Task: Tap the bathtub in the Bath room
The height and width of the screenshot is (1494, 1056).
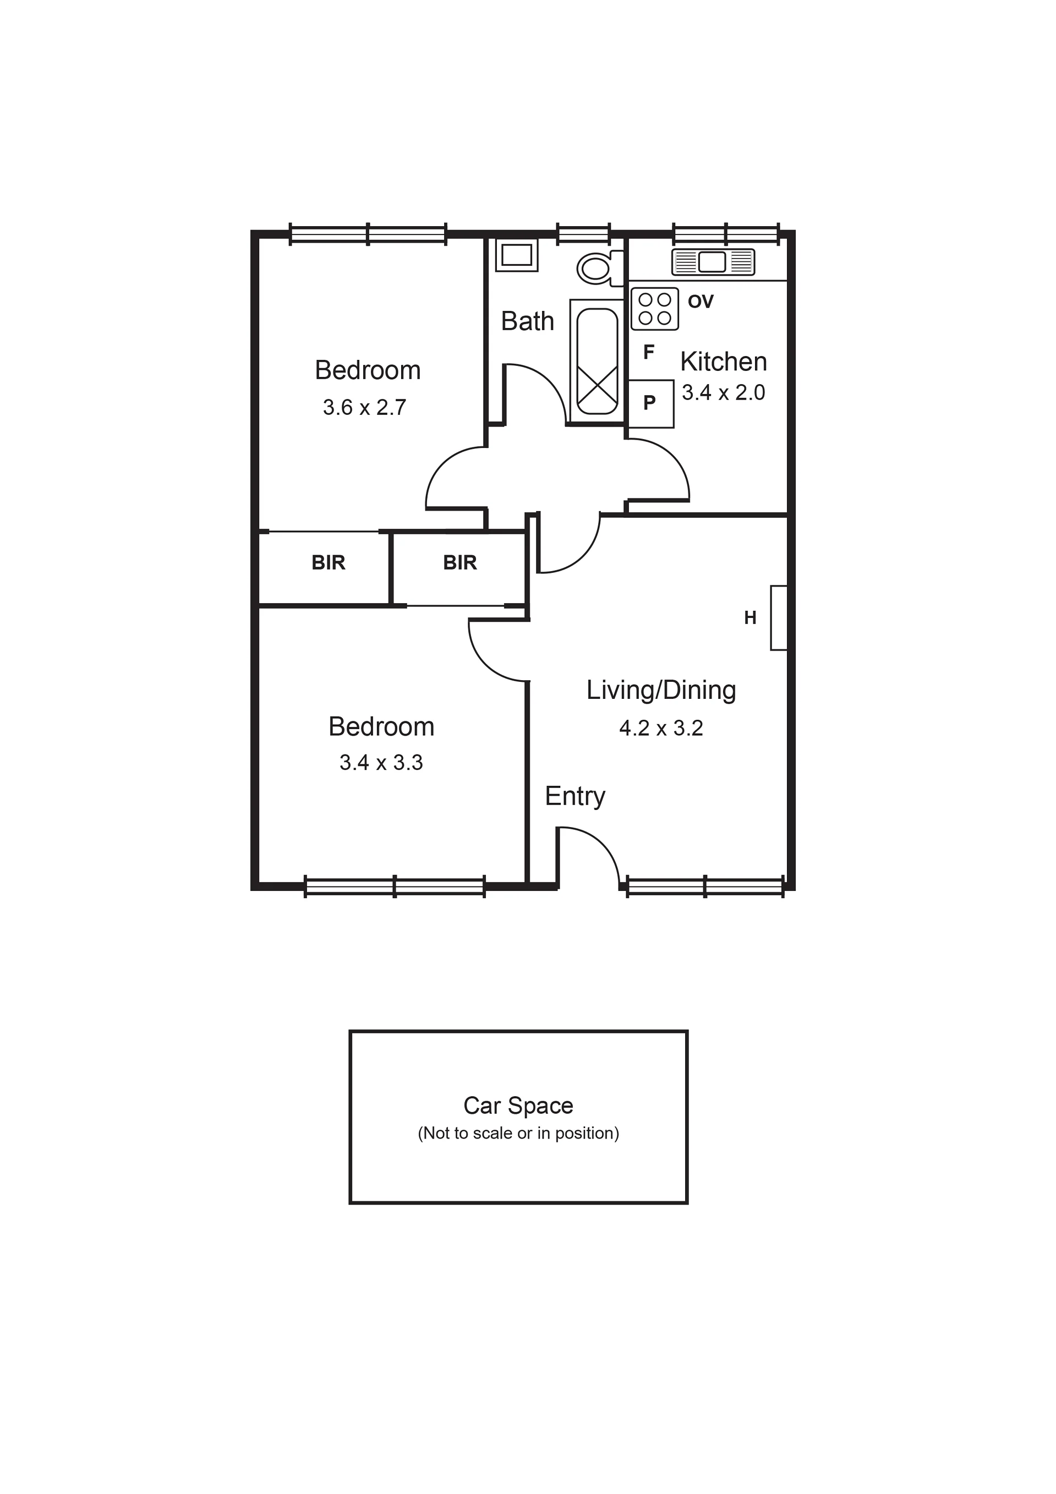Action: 597,362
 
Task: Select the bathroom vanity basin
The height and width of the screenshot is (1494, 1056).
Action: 517,254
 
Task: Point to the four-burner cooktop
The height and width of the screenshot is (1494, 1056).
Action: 654,309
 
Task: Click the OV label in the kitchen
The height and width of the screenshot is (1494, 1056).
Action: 701,301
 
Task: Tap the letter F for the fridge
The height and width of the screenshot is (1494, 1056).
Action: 649,352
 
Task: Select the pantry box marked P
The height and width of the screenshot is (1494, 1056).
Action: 650,403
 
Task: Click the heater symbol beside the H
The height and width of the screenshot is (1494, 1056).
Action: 779,617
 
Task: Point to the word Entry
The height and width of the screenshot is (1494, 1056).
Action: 575,796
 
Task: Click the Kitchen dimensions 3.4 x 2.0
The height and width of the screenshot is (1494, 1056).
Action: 723,392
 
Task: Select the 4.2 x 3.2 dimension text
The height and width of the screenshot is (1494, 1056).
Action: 661,727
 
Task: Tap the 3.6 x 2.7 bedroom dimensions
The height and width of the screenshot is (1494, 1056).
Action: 364,407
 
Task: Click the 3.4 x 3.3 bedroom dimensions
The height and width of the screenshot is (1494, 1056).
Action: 381,762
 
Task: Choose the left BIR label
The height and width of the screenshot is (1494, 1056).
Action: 328,562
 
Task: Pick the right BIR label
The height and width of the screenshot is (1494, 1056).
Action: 460,562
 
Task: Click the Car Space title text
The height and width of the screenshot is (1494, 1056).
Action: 518,1105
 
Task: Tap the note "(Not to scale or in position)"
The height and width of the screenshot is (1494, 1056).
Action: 518,1133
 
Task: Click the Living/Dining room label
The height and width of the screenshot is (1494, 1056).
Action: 661,691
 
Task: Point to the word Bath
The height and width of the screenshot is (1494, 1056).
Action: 527,321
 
